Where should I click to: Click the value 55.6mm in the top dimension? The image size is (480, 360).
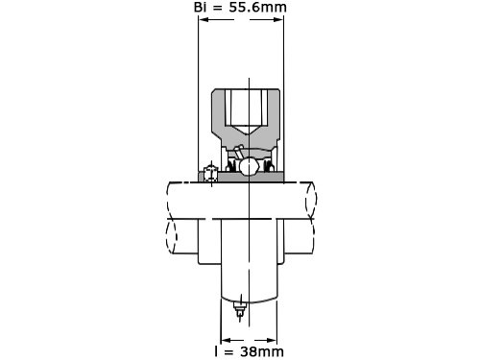[x=257, y=7]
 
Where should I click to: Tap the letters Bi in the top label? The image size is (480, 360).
[x=200, y=7]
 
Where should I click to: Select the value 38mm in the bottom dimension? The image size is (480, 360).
[x=262, y=351]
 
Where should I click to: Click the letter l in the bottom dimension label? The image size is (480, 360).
[x=217, y=351]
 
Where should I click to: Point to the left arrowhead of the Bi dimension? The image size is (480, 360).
[x=204, y=19]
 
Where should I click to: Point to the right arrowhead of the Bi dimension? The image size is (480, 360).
[x=277, y=19]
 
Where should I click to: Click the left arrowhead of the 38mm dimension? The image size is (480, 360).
[x=227, y=340]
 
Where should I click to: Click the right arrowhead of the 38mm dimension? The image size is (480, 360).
[x=271, y=340]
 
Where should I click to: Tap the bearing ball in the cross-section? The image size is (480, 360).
[x=249, y=167]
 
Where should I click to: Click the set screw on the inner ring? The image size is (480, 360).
[x=210, y=174]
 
